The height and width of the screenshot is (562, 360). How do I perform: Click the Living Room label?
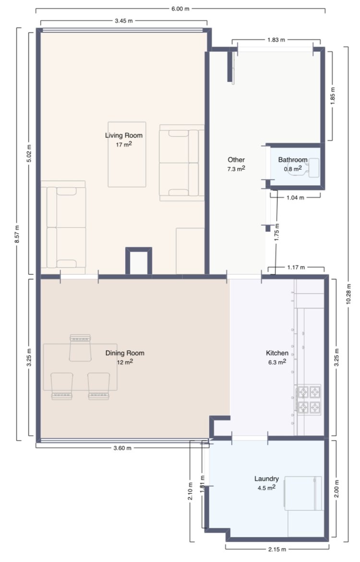(x=124, y=135)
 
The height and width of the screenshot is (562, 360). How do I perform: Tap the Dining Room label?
(x=125, y=353)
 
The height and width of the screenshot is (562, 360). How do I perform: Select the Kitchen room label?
(x=277, y=353)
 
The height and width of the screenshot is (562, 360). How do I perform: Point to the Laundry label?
(x=266, y=478)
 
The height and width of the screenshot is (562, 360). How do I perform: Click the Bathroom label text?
(x=293, y=160)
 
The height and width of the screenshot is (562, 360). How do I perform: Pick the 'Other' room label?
(x=236, y=160)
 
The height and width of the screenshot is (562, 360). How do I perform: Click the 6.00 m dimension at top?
(x=180, y=9)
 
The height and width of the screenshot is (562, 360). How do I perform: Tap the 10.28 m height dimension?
(x=348, y=294)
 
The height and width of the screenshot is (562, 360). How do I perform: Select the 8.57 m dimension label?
(x=17, y=234)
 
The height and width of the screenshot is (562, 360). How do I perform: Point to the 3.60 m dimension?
(x=122, y=448)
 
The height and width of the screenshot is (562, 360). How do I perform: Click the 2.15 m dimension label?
(x=277, y=549)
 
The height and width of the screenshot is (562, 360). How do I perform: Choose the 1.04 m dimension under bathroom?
(x=296, y=197)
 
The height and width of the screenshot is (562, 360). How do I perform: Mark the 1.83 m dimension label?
(x=276, y=40)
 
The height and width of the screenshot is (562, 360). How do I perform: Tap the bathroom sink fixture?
(x=313, y=168)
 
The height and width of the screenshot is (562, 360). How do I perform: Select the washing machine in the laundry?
(x=303, y=493)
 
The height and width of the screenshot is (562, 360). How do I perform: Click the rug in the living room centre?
(x=127, y=155)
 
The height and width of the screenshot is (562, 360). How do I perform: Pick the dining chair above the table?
(x=80, y=347)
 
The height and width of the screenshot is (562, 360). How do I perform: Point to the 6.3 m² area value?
(x=277, y=362)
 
